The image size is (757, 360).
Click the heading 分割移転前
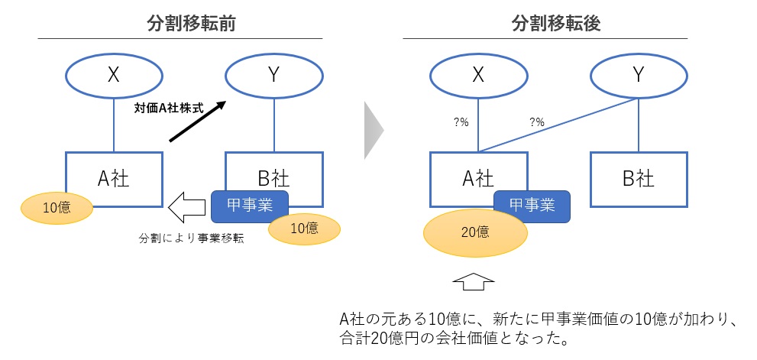coord(190,24)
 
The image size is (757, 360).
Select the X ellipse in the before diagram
coord(114,74)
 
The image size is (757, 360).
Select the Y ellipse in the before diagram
coord(274,74)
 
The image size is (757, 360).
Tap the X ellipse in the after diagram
coord(478,74)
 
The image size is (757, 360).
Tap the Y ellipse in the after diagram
coord(638,74)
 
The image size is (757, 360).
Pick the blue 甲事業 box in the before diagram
coord(249,204)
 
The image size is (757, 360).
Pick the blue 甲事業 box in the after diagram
coord(532,204)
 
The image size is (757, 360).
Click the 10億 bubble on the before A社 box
coord(56,207)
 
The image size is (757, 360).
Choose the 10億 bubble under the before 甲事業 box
coord(305,228)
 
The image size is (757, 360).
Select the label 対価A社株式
coord(164,109)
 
